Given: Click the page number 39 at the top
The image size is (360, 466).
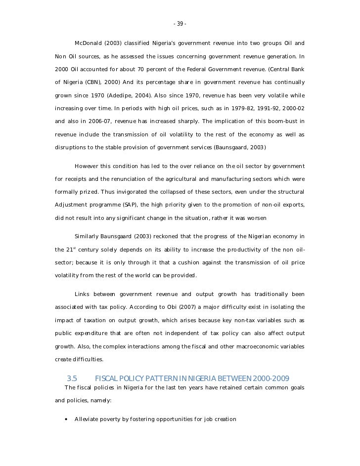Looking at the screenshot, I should point(180,24).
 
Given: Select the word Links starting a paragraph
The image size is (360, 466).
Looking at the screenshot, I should point(83,295).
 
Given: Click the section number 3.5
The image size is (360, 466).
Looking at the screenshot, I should point(72,379).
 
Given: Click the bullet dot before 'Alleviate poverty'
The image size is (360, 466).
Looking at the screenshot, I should point(66,420).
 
